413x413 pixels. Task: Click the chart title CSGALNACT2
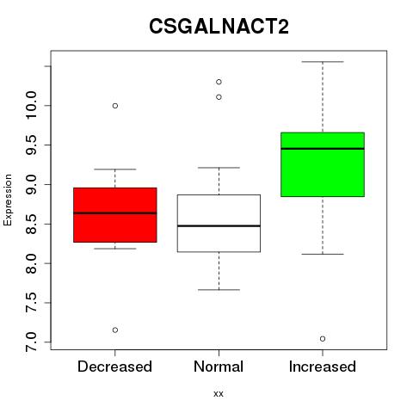coord(219,27)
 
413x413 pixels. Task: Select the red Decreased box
coord(115,215)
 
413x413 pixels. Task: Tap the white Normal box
coord(219,224)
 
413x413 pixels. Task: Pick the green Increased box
coord(323,164)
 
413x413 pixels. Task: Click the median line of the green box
coord(323,149)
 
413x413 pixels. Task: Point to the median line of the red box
coord(115,213)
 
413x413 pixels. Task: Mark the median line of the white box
coord(219,226)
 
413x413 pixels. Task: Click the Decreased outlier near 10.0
coord(115,106)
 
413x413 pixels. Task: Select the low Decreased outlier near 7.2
coord(115,330)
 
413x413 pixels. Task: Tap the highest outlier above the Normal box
coord(219,82)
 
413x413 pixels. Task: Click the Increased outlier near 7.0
coord(323,339)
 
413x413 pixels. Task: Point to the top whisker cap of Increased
coord(323,62)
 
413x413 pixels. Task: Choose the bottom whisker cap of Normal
coord(219,290)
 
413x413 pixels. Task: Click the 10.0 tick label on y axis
coord(31,106)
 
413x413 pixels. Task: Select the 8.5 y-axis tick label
coord(31,224)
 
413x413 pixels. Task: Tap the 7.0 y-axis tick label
coord(31,342)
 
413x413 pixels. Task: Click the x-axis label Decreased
coord(114,367)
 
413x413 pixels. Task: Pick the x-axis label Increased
coord(323,367)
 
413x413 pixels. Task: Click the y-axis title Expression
coord(8,200)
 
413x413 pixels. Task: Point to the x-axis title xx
coord(219,394)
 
